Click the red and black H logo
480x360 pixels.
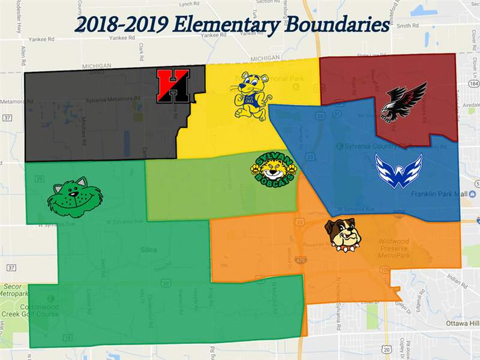point(173,85)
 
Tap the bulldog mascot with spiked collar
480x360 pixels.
point(343,235)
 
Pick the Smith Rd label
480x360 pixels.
point(407,26)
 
